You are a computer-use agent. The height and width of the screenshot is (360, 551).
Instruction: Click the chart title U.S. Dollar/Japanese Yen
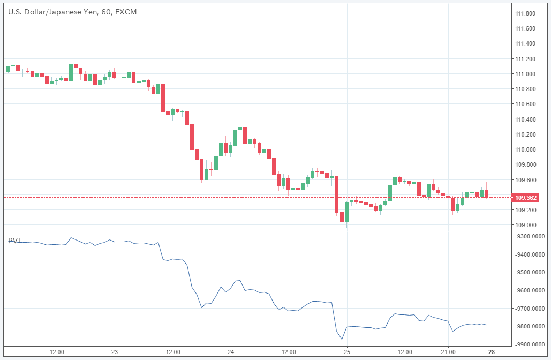[52, 11]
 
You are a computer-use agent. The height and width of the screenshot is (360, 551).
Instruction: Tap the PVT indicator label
[15, 241]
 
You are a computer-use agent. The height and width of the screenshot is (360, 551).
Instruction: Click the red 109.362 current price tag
[525, 198]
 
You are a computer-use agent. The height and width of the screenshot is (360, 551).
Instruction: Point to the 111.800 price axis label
[525, 13]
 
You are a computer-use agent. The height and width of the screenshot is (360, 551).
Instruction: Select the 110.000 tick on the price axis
[525, 149]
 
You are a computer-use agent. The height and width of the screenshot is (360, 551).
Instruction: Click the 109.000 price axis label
[525, 225]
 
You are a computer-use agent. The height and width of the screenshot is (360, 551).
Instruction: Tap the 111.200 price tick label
[525, 59]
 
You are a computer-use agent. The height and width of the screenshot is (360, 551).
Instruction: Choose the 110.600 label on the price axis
[525, 104]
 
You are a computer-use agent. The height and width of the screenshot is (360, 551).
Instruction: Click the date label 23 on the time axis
[115, 351]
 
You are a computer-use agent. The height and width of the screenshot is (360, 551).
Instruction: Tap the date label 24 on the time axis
[230, 351]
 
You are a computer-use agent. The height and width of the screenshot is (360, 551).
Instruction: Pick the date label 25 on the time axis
[346, 351]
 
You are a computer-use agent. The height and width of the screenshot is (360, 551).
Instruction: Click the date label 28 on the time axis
[492, 351]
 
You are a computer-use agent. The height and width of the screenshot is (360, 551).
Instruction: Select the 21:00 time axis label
[448, 351]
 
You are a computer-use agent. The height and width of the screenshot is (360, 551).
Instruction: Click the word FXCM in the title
[126, 11]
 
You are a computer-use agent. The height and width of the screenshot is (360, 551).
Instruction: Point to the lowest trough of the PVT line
[342, 339]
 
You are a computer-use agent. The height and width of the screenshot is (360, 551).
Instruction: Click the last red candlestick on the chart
[486, 194]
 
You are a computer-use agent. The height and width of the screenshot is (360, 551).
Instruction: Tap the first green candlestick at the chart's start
[8, 69]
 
